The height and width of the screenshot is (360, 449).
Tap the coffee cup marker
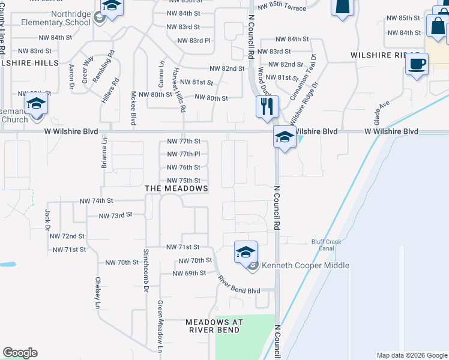(x=417, y=62)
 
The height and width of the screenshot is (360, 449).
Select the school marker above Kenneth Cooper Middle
(x=246, y=251)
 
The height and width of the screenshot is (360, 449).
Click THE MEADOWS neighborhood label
(x=176, y=188)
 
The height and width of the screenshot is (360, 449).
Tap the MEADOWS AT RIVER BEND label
(x=214, y=326)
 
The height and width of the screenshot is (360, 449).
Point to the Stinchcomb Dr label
(x=146, y=270)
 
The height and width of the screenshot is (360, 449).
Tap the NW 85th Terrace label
(x=281, y=6)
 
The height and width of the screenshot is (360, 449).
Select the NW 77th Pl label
(x=183, y=154)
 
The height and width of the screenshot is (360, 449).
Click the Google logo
(x=20, y=353)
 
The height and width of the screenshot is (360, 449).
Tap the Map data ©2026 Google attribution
(x=412, y=355)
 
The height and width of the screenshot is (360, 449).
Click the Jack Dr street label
(x=47, y=219)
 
